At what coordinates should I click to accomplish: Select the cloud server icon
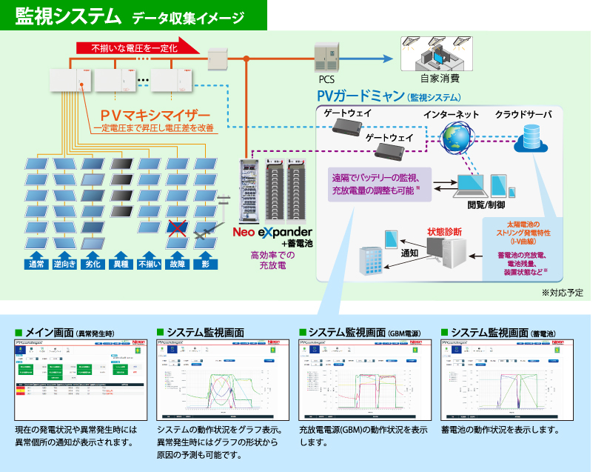pyautogui.click(x=530, y=138)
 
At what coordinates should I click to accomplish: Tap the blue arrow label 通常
pyautogui.click(x=36, y=263)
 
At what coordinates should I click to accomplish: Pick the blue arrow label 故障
pyautogui.click(x=177, y=263)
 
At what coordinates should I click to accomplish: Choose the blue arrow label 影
pyautogui.click(x=205, y=263)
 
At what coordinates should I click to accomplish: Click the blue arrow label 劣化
pyautogui.click(x=92, y=263)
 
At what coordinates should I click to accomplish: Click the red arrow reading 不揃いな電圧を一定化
pyautogui.click(x=137, y=47)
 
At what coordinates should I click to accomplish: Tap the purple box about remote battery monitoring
pyautogui.click(x=376, y=183)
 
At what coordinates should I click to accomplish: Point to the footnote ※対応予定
pyautogui.click(x=563, y=293)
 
